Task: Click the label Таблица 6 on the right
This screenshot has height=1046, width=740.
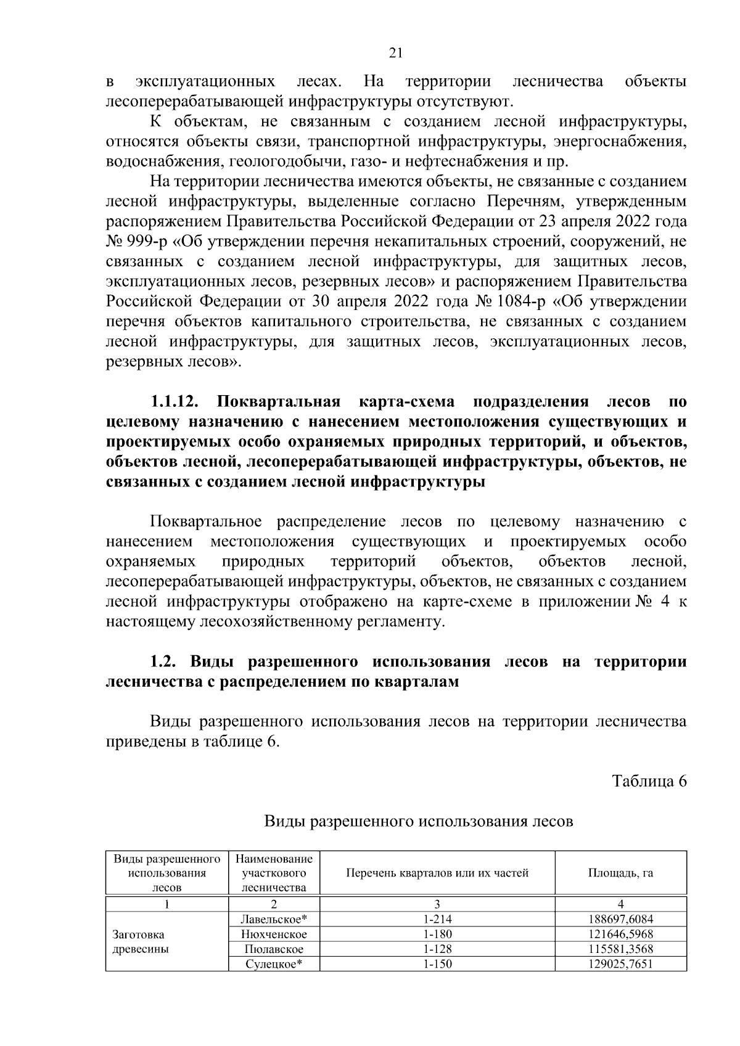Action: tap(649, 782)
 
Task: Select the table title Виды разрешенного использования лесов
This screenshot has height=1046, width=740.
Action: tap(419, 822)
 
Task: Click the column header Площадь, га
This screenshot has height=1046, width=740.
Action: tap(620, 873)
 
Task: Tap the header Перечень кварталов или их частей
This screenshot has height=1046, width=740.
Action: tap(437, 873)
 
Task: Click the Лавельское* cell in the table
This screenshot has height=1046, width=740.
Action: tap(274, 919)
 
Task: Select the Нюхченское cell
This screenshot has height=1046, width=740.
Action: tap(274, 934)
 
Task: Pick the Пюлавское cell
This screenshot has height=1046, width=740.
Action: tap(274, 949)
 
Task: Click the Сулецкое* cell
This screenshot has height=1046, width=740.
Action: tap(274, 964)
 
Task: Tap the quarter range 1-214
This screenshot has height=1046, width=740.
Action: tap(437, 919)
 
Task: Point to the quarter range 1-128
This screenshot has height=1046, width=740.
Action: tap(437, 949)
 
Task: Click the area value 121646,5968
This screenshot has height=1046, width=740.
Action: tap(620, 934)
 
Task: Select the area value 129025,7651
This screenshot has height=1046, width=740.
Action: tap(620, 964)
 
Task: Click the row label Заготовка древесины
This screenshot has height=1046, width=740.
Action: tap(139, 942)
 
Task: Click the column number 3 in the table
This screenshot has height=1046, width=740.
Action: tap(437, 904)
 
